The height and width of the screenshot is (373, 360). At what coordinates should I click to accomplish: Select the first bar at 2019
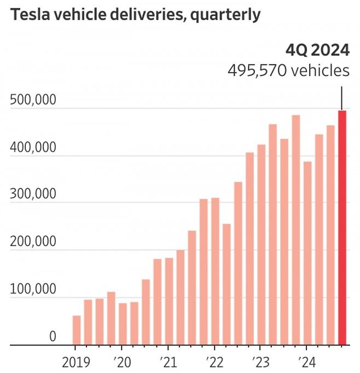tap(77, 330)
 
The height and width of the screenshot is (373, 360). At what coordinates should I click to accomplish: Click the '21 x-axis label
tap(167, 362)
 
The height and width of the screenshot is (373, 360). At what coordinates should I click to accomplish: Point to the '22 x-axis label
tap(214, 362)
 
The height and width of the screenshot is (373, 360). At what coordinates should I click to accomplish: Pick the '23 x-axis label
tap(260, 362)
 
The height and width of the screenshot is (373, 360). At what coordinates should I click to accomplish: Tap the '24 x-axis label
tap(307, 362)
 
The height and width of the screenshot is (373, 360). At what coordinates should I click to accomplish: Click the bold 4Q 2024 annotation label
tap(317, 50)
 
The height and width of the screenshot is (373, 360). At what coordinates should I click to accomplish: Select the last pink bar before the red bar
tap(330, 235)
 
